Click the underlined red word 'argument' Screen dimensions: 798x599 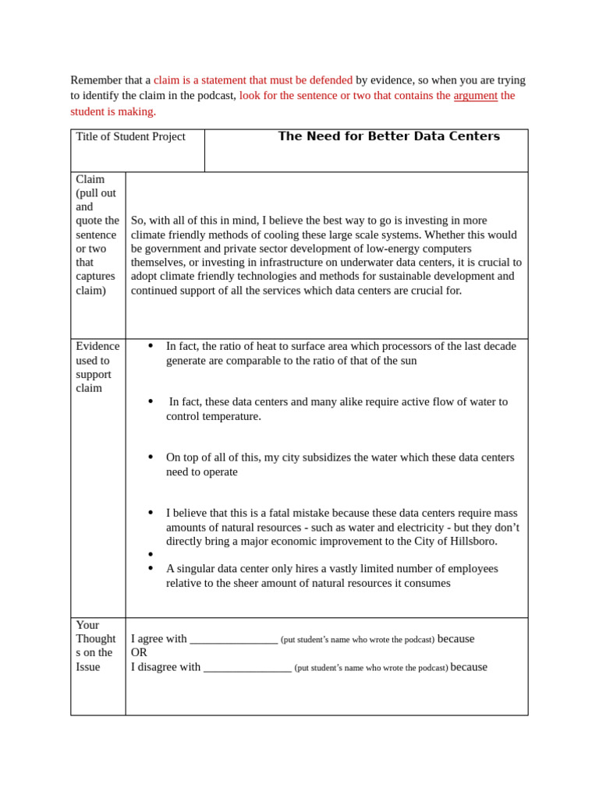click(x=475, y=96)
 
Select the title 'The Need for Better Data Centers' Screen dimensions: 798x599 click(x=388, y=136)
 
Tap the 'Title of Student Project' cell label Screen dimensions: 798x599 click(x=130, y=137)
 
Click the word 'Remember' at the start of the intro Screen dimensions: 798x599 click(x=96, y=80)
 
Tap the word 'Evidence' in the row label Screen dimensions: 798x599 click(x=97, y=347)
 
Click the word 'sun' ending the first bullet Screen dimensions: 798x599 click(x=407, y=361)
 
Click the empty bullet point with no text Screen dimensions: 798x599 click(x=151, y=555)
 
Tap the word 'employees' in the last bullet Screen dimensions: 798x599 click(x=473, y=569)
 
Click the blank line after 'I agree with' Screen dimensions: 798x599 click(x=233, y=640)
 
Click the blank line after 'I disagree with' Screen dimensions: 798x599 click(x=247, y=668)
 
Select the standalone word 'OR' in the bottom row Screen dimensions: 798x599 click(x=139, y=653)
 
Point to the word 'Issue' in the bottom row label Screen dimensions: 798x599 click(x=88, y=667)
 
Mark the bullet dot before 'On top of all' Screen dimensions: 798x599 click(x=151, y=457)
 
